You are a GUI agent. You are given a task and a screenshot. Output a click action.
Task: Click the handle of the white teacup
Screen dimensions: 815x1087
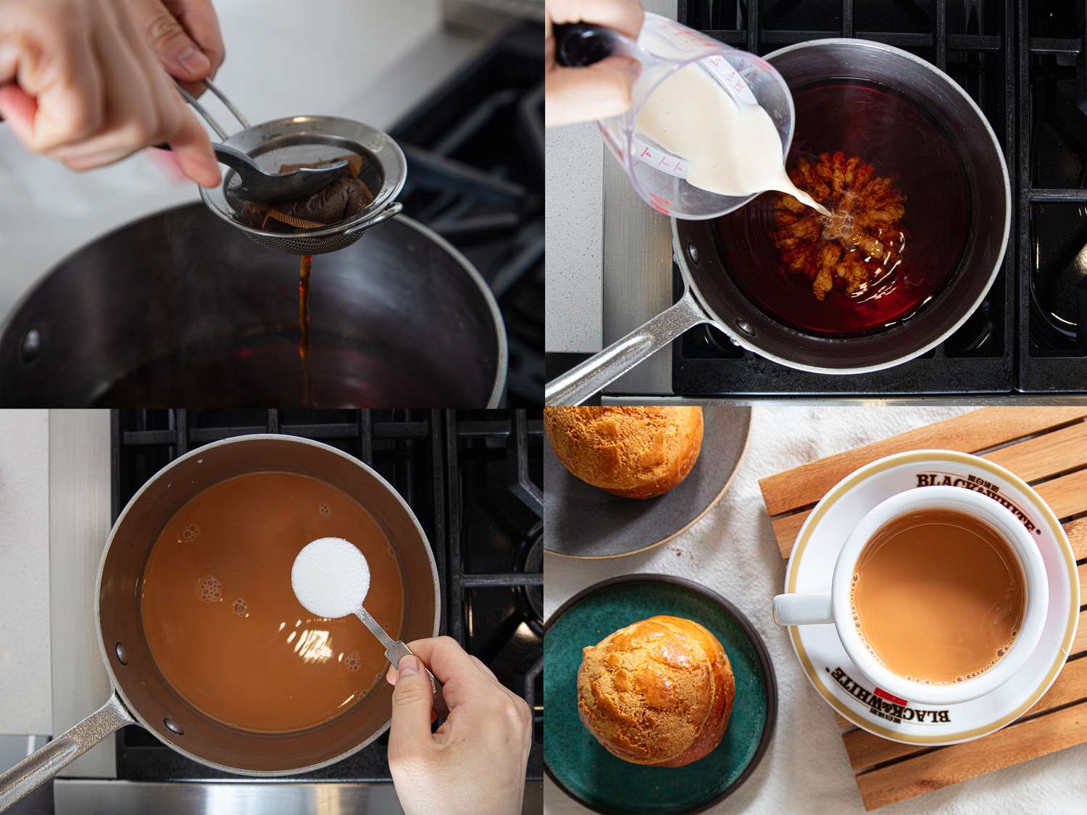coord(797,607)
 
